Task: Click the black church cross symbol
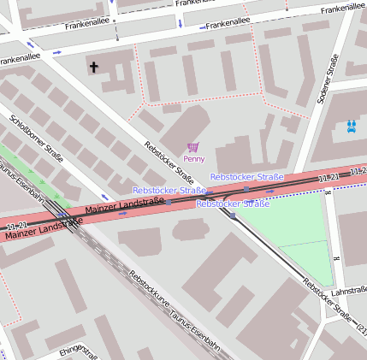click(x=93, y=67)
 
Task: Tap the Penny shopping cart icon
click(x=193, y=147)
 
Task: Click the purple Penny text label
click(x=194, y=159)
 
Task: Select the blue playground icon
click(x=352, y=126)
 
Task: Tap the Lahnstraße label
click(x=348, y=292)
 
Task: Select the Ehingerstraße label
click(x=79, y=351)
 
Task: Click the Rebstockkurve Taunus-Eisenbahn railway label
click(x=174, y=310)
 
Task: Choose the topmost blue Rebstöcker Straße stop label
click(x=246, y=177)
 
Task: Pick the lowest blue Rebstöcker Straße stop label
click(x=233, y=204)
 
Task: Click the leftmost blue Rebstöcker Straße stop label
click(x=169, y=190)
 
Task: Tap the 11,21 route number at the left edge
click(x=16, y=225)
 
